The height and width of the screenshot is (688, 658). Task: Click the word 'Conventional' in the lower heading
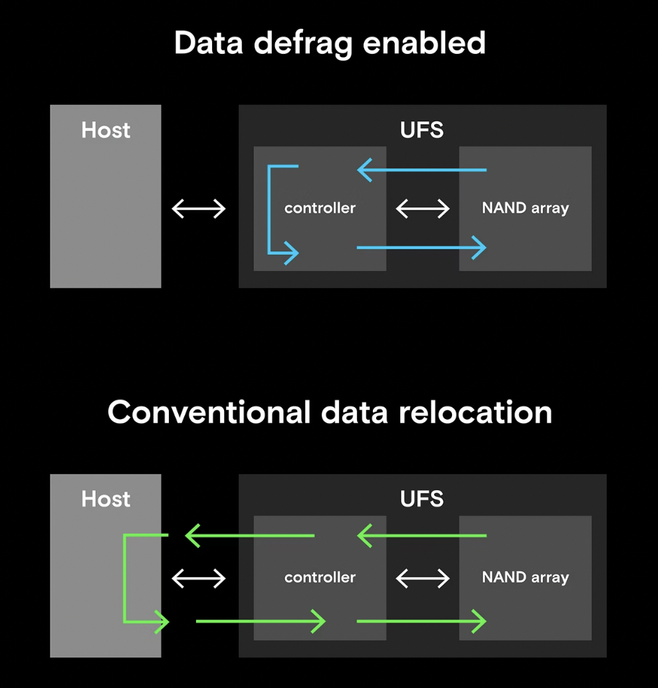pos(209,412)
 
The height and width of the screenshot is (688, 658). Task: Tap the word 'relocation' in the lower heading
pos(475,412)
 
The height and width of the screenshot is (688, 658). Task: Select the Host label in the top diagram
pos(106,130)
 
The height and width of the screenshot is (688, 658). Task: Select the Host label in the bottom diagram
pos(106,499)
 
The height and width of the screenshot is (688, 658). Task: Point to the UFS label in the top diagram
pos(422,130)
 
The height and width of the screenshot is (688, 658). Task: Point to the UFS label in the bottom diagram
pos(422,499)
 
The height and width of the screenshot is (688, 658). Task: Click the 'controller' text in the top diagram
pos(320,209)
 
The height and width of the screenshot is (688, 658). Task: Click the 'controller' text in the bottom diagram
pos(320,578)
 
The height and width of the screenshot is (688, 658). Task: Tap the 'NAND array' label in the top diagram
pos(525,209)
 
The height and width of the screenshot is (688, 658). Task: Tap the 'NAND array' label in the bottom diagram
pos(525,578)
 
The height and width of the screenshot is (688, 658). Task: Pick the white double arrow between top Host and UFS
pos(199,209)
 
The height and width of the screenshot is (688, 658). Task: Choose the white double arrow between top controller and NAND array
pos(423,209)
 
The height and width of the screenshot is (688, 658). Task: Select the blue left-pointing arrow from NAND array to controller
pos(422,171)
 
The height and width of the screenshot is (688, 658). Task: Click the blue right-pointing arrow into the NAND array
pos(422,248)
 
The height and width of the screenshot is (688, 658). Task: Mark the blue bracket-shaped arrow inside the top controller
pos(269,209)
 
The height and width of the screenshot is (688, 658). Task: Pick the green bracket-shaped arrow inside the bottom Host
pos(125,578)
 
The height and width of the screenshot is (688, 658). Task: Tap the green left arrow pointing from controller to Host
pos(249,535)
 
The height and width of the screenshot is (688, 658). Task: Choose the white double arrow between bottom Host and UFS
pos(199,578)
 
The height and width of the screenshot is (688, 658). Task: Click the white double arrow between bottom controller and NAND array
pos(423,578)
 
